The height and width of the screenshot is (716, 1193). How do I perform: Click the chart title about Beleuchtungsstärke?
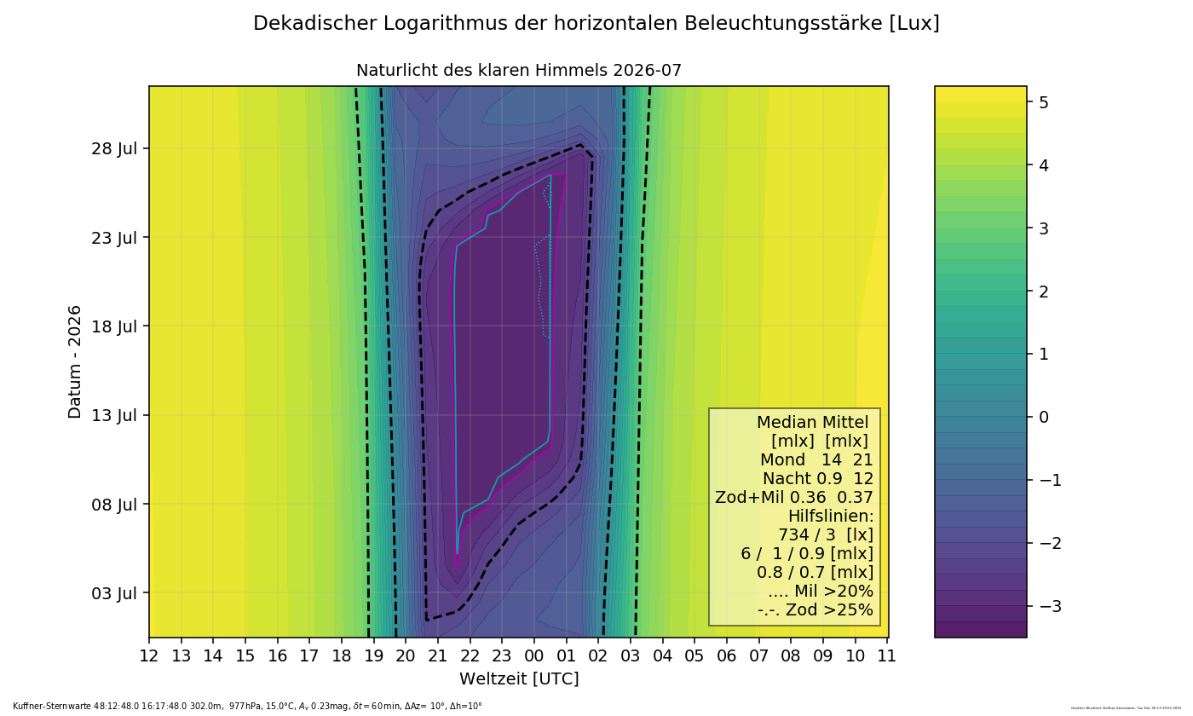(x=596, y=24)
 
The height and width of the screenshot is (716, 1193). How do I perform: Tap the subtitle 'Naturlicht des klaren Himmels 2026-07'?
(x=518, y=71)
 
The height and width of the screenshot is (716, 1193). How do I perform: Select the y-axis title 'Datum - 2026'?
(x=75, y=361)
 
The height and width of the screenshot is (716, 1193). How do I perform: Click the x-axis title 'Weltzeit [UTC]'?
(x=519, y=679)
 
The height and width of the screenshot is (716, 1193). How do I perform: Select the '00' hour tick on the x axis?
(x=534, y=656)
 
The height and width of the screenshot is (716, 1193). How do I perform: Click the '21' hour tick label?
(x=438, y=656)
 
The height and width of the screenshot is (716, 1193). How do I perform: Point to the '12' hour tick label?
(x=149, y=656)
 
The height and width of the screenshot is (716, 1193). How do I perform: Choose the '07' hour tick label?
(x=758, y=656)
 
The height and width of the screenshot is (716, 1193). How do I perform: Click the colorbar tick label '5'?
(x=1042, y=102)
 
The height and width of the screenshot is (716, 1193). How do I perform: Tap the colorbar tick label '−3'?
(x=1047, y=606)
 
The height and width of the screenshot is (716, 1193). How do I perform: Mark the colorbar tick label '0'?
(x=1042, y=417)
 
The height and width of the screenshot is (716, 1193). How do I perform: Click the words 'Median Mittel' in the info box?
(x=812, y=423)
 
